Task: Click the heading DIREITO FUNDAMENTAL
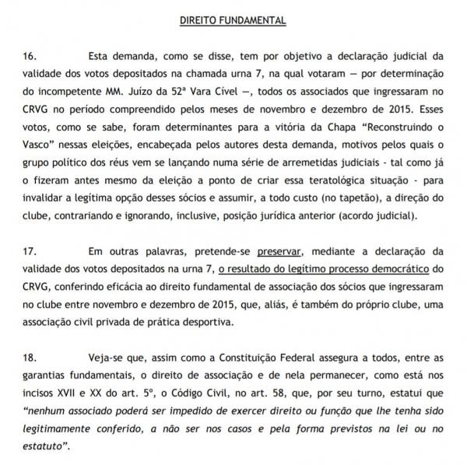[x=233, y=19]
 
